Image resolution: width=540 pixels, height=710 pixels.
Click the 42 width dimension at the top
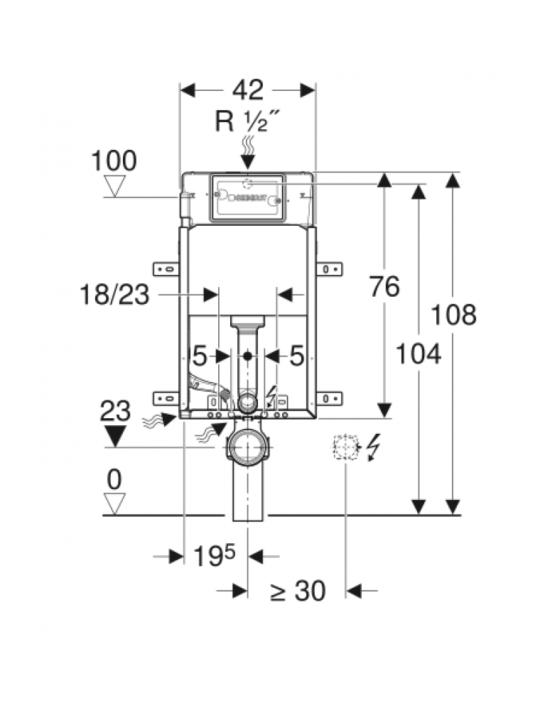pyautogui.click(x=247, y=90)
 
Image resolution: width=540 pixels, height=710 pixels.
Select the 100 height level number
pyautogui.click(x=114, y=161)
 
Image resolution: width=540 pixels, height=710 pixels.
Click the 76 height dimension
pyautogui.click(x=384, y=287)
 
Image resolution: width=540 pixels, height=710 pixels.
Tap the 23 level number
pyautogui.click(x=115, y=411)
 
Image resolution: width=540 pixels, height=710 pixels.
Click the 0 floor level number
pyautogui.click(x=114, y=481)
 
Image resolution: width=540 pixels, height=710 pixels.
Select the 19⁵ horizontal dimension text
pyautogui.click(x=214, y=556)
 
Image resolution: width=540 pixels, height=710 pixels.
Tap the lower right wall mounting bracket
pyautogui.click(x=329, y=398)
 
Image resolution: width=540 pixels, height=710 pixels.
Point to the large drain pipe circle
pyautogui.click(x=247, y=449)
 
